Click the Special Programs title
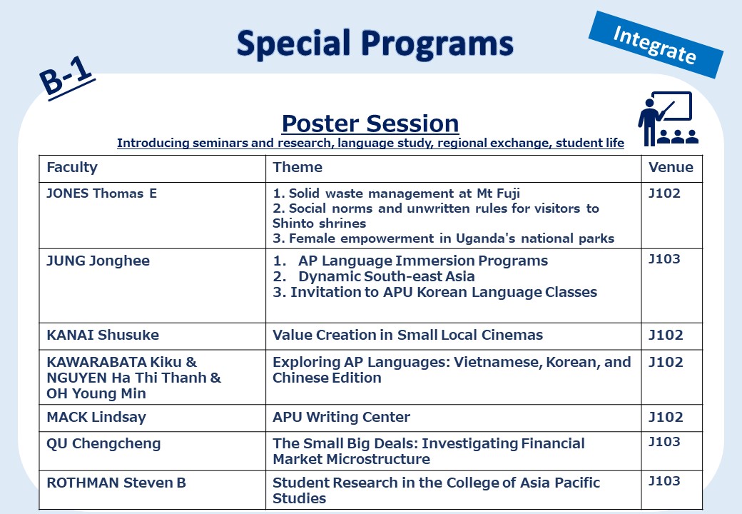point(375,44)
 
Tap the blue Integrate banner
point(656,44)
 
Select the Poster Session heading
point(370,124)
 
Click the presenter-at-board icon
point(668,119)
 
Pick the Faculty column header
point(72,167)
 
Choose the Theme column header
point(298,167)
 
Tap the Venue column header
point(671,167)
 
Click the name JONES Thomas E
point(101,193)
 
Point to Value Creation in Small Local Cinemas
point(407,335)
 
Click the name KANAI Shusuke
point(103,335)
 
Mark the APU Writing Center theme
point(341,417)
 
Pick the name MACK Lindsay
point(96,417)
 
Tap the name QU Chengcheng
point(103,444)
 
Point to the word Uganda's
point(486,238)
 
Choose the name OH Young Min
point(96,394)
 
